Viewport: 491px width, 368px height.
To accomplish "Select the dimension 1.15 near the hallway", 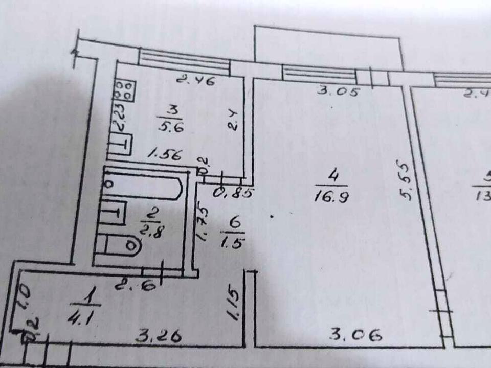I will (233, 305).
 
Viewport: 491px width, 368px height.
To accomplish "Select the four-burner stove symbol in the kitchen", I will (124, 90).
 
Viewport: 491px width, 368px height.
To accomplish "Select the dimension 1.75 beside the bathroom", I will (203, 223).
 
